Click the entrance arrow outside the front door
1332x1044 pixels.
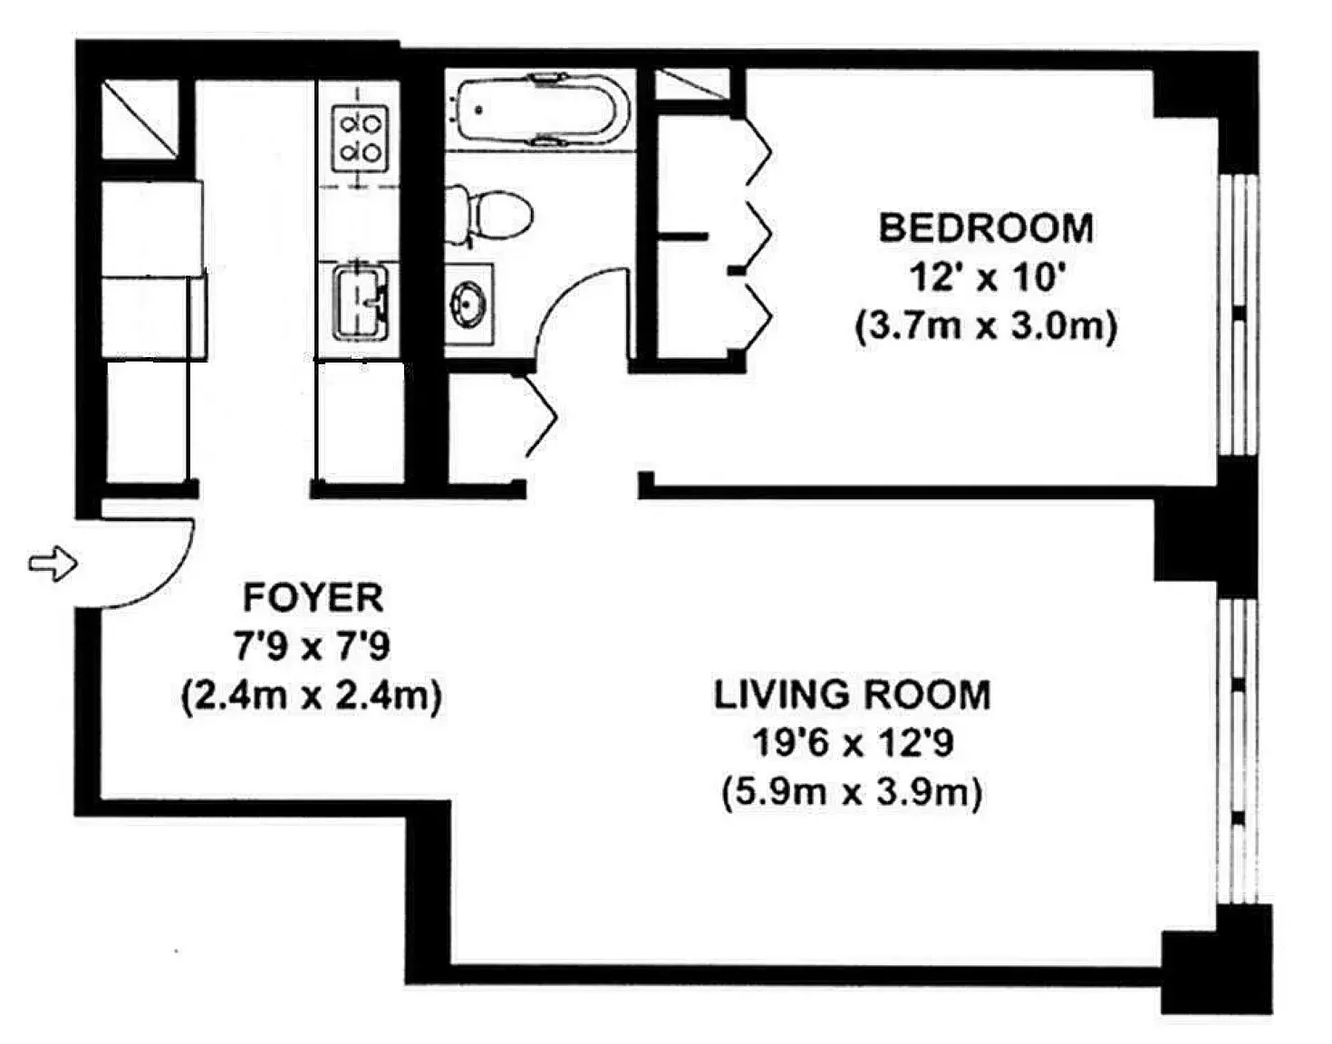pyautogui.click(x=53, y=564)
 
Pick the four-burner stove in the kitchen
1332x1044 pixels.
pyautogui.click(x=359, y=138)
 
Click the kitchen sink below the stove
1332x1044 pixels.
pyautogui.click(x=360, y=301)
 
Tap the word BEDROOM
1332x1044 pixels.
pyautogui.click(x=986, y=227)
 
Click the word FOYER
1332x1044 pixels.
pyautogui.click(x=313, y=598)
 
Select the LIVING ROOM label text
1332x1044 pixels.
pyautogui.click(x=852, y=695)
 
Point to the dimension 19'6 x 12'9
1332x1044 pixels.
pyautogui.click(x=853, y=744)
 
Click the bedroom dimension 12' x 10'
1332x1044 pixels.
pyautogui.click(x=986, y=276)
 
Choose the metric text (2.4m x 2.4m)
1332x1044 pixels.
pyautogui.click(x=312, y=696)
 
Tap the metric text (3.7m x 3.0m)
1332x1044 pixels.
pyautogui.click(x=986, y=325)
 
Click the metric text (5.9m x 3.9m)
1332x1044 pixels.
pyautogui.click(x=852, y=793)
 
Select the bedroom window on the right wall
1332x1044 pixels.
pyautogui.click(x=1238, y=313)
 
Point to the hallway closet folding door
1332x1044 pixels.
pyautogui.click(x=541, y=417)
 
